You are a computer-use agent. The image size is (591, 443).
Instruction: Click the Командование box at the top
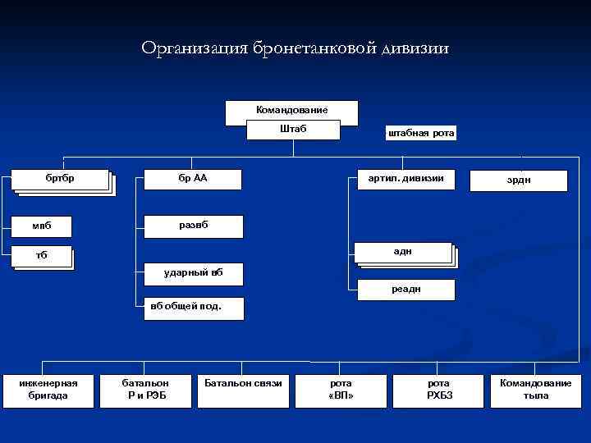(x=291, y=110)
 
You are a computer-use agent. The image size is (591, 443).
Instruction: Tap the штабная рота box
(x=420, y=134)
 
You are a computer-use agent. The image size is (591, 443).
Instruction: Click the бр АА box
(x=193, y=179)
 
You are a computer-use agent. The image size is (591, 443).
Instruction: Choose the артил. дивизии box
(x=405, y=179)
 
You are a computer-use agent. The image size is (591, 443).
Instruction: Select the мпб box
(x=41, y=226)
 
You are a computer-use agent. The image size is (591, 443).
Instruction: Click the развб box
(x=193, y=226)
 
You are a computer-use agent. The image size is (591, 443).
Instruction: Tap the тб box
(x=42, y=255)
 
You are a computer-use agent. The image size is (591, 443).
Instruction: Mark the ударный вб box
(x=193, y=272)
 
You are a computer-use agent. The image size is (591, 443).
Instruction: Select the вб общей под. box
(x=186, y=308)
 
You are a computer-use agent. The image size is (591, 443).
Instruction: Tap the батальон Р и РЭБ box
(x=145, y=389)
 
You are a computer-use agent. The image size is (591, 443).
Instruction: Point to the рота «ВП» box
(x=341, y=389)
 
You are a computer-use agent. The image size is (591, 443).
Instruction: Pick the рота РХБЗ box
(x=439, y=389)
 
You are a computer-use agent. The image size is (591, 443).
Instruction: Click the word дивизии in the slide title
(x=415, y=48)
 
